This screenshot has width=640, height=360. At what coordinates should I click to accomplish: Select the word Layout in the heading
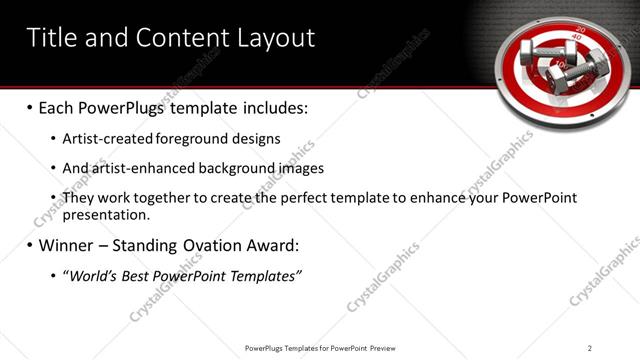(x=276, y=38)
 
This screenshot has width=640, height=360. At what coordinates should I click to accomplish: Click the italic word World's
(x=91, y=276)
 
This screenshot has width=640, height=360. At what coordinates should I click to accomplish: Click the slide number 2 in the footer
(x=590, y=348)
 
